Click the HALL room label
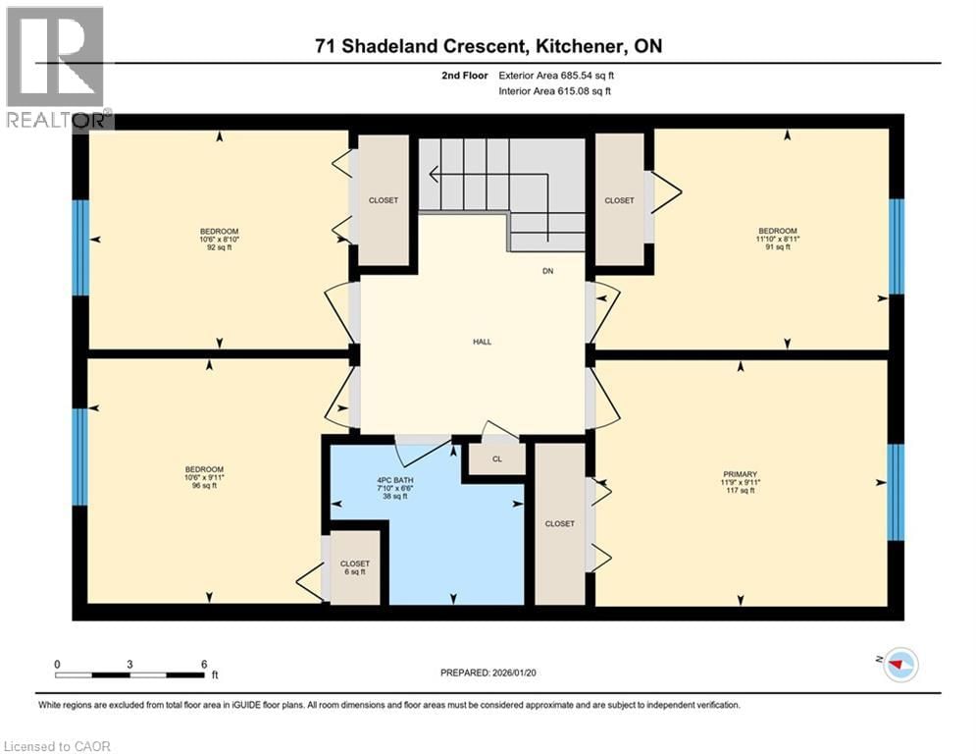[482, 342]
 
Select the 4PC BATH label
[395, 480]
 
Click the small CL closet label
[496, 458]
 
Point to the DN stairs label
[548, 271]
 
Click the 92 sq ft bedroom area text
[219, 247]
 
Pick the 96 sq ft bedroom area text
[205, 485]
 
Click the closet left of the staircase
[383, 200]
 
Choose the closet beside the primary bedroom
[559, 523]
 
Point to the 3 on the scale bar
[129, 664]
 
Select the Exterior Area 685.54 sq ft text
[556, 75]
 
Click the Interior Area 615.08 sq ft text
[556, 91]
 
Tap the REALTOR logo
[56, 68]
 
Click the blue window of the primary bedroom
[896, 492]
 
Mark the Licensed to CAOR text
[59, 746]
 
